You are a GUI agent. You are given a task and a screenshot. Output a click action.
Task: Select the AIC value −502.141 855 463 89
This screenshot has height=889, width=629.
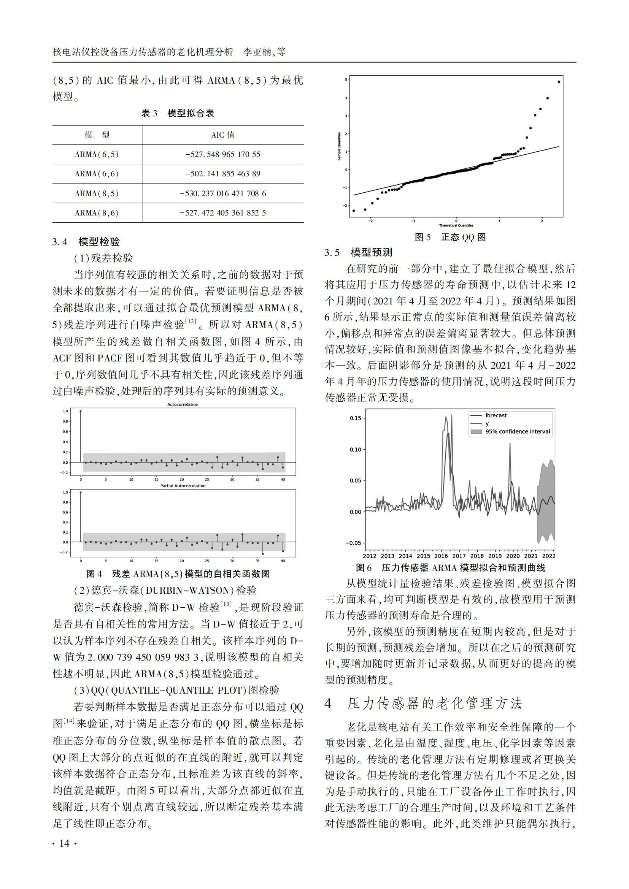coord(223,174)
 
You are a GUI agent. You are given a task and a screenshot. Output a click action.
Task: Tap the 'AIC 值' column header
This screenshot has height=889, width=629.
coord(223,135)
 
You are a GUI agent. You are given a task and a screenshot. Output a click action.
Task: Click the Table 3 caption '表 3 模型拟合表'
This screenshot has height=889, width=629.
coord(178,113)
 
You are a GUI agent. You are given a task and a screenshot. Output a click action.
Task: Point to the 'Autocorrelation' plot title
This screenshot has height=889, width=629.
coord(183,405)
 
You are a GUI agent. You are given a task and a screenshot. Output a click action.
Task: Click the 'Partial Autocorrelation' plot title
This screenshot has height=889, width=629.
coord(183,485)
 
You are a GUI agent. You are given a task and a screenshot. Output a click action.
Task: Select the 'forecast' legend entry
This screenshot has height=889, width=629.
coord(496,415)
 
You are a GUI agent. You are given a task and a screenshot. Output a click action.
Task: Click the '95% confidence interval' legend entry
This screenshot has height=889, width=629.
coord(518,432)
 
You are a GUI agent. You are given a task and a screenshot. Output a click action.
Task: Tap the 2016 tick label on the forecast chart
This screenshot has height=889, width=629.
coord(441,556)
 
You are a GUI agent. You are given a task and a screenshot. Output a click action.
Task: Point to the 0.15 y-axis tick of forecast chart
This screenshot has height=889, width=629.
coord(355,418)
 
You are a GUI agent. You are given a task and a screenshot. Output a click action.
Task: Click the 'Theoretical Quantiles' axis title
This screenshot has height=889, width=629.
coord(456,225)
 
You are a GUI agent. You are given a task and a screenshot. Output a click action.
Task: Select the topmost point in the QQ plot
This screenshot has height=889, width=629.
coord(559,82)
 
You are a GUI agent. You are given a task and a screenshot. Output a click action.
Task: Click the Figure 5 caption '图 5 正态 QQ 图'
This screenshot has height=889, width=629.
coord(450,237)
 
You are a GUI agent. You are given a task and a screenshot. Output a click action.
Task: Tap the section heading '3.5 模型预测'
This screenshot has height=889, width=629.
coord(359,252)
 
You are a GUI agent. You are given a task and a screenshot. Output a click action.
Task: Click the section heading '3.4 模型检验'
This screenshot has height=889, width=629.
coord(86,242)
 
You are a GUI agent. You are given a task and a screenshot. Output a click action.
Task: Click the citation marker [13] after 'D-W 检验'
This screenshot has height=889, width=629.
coord(226,605)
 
